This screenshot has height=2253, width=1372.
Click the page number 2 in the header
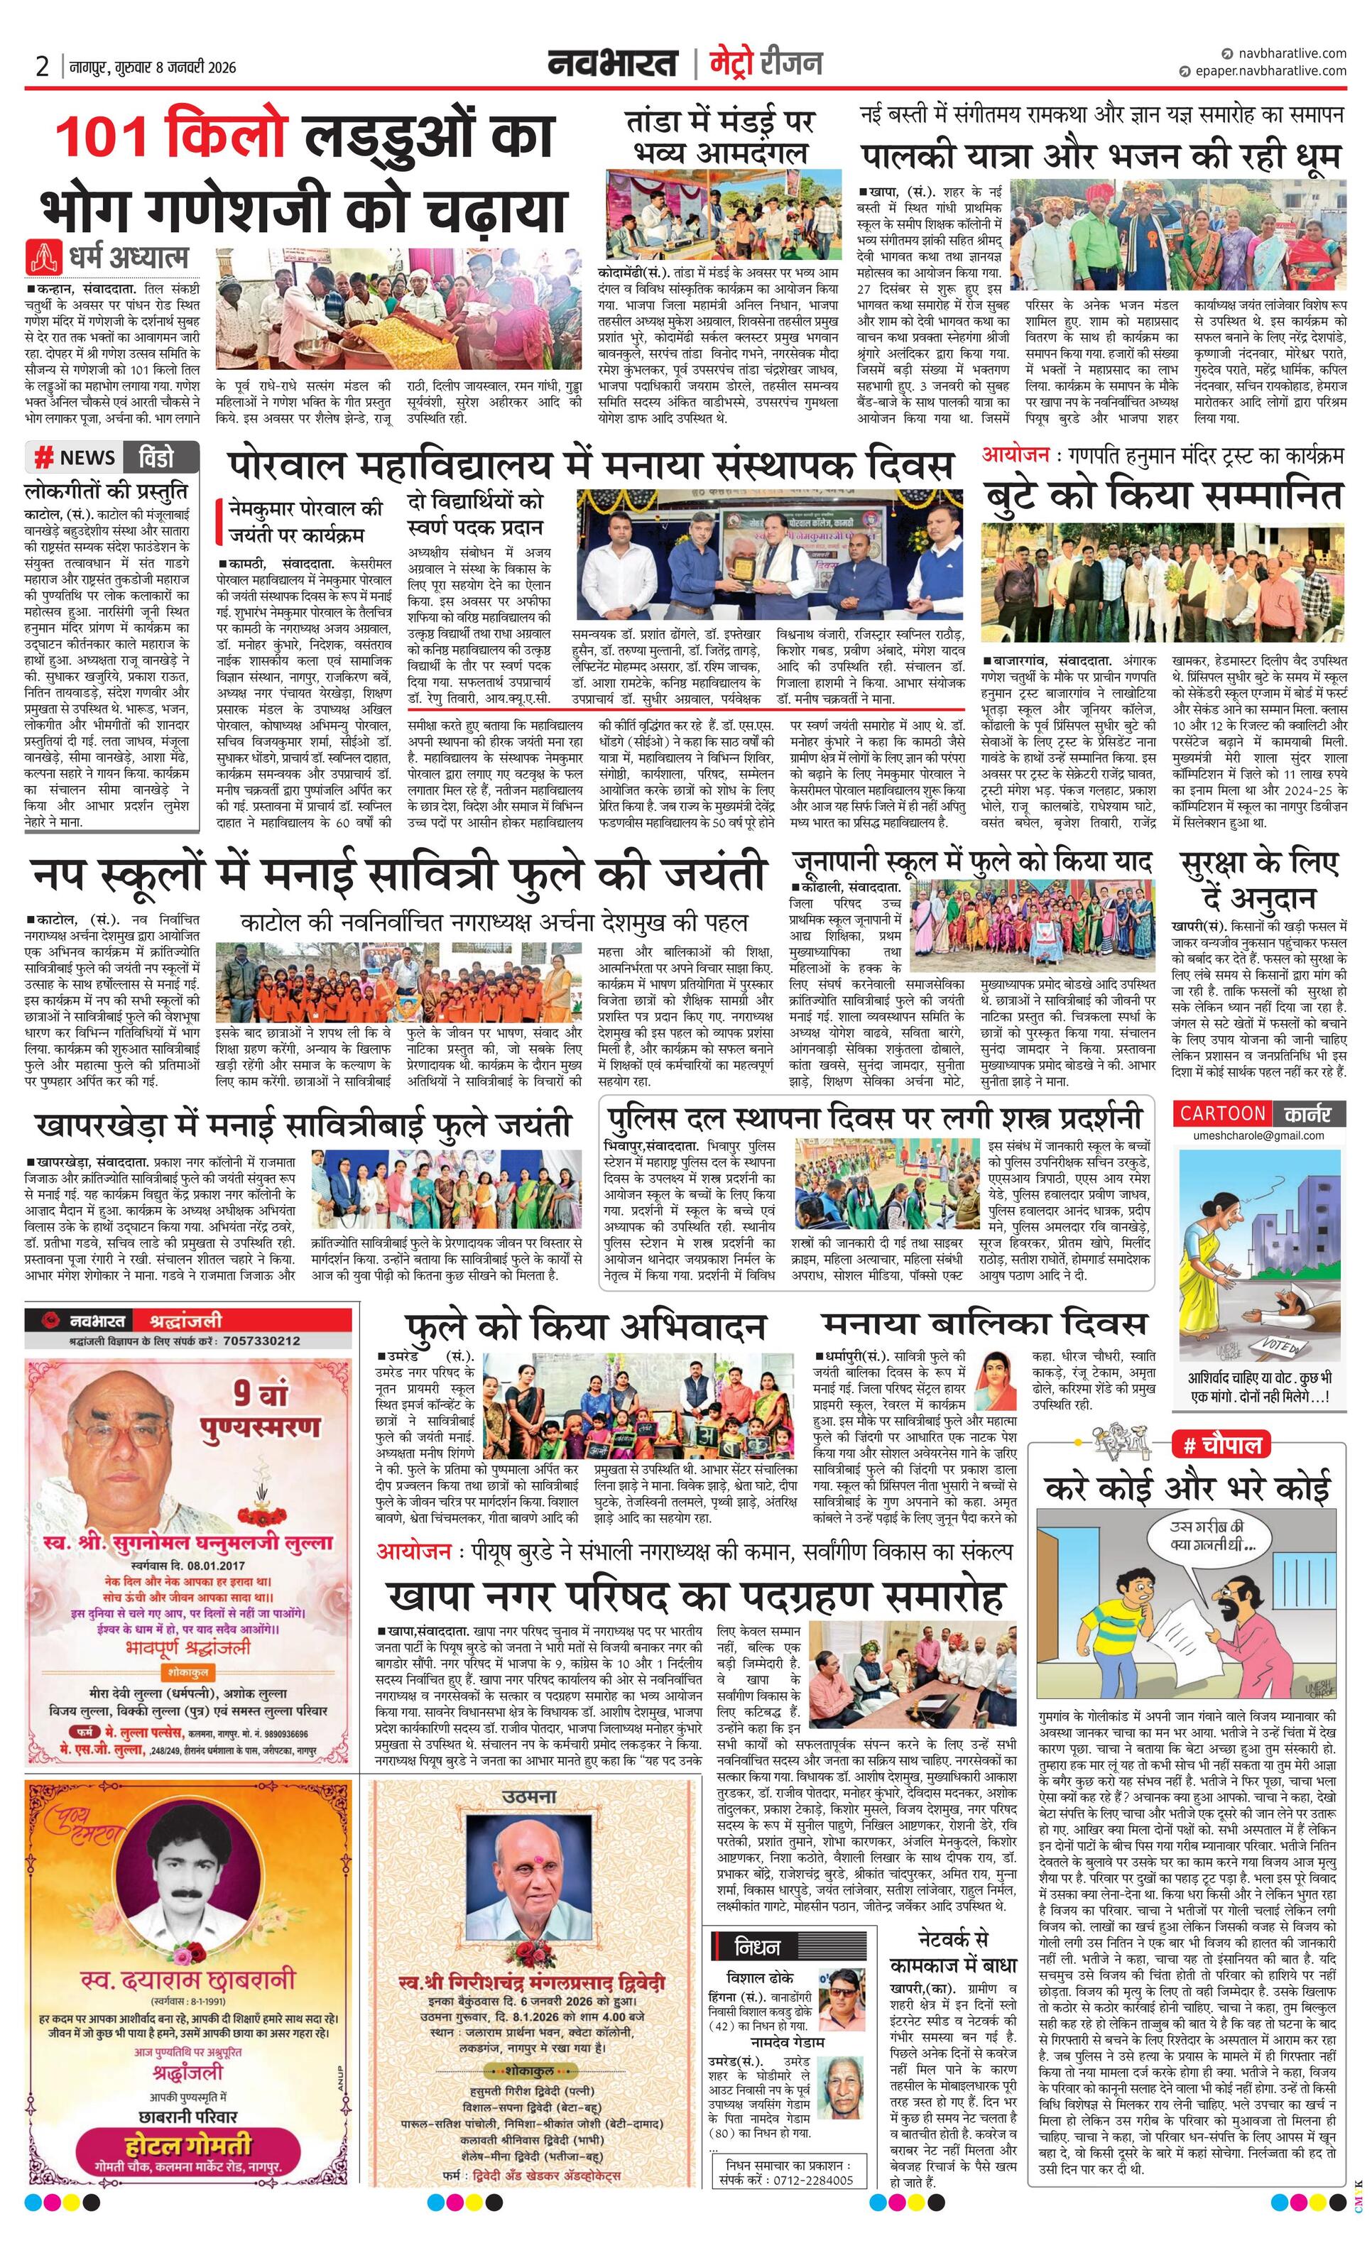click(x=42, y=67)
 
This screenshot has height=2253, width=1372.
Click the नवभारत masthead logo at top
click(x=613, y=64)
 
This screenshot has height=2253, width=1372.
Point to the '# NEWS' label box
click(x=75, y=457)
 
